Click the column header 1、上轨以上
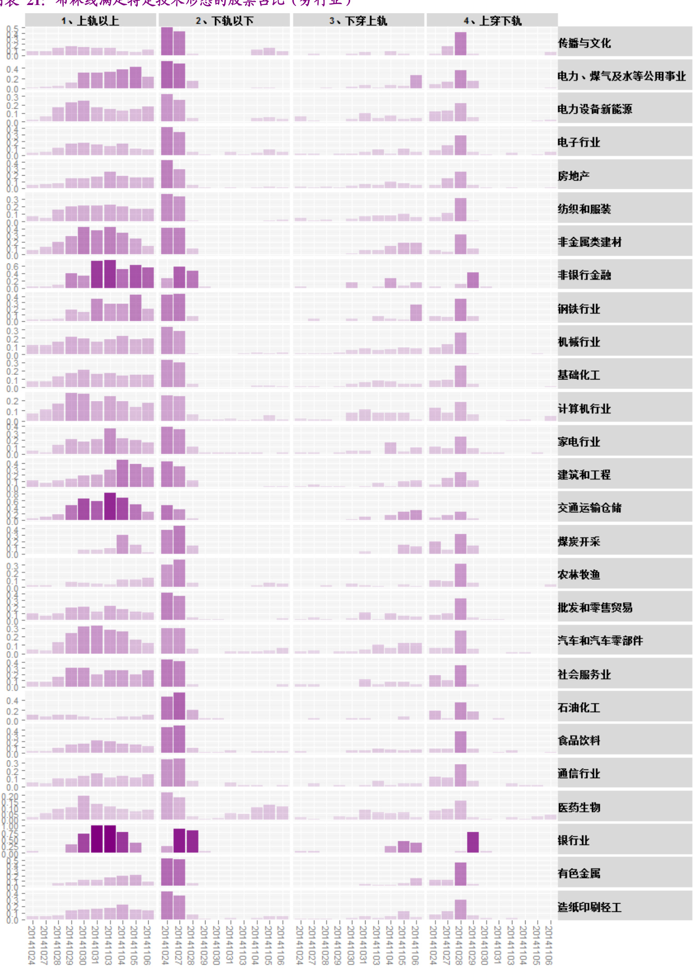coord(90,21)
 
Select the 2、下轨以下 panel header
coord(224,21)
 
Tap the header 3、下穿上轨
coord(358,21)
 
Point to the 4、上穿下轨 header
coord(492,21)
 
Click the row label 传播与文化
coord(584,43)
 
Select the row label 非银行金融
coord(584,275)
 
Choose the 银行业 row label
coord(574,840)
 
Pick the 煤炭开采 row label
coord(579,541)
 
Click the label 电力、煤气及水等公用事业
coord(622,76)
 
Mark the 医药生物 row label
coord(579,807)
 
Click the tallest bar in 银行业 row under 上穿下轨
coord(473,842)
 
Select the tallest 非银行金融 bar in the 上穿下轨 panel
coord(473,280)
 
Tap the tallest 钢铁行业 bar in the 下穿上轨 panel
coord(416,313)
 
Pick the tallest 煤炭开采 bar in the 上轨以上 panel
coord(122,544)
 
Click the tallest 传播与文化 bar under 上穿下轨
coord(461,44)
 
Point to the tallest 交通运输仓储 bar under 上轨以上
coord(110,506)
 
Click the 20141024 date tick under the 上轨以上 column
coord(31,944)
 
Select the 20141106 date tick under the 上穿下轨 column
coord(549,944)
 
